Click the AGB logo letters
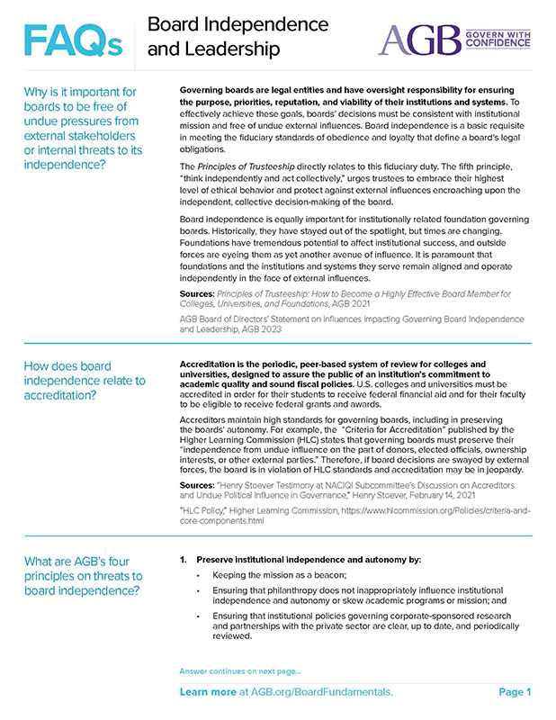pos(418,40)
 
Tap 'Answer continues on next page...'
pos(240,671)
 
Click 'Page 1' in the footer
pos(516,692)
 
